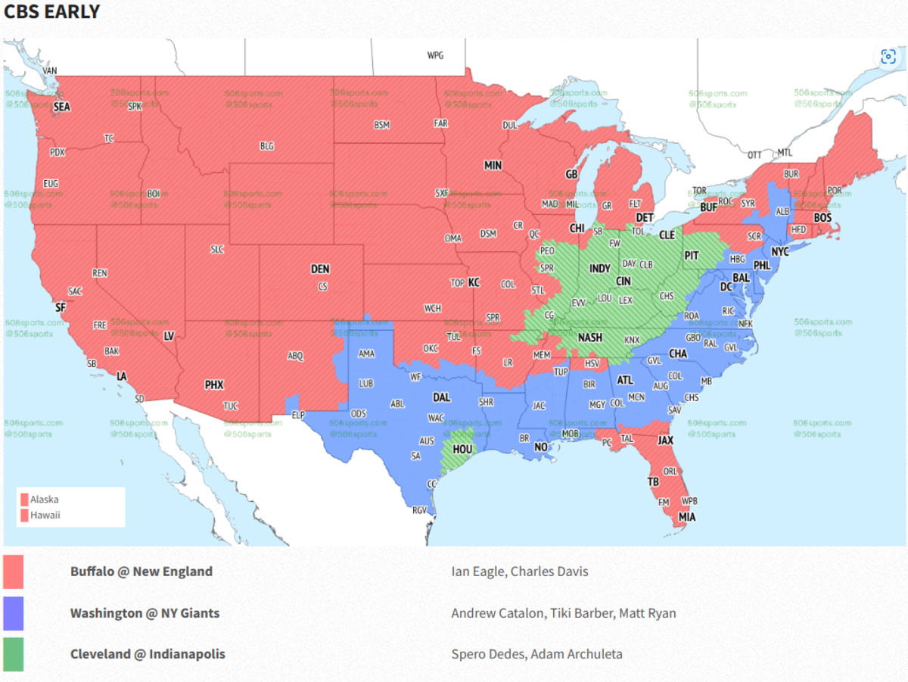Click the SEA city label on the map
61,107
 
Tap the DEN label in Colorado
320,269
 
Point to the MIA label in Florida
686,518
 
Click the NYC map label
779,251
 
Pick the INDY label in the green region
599,269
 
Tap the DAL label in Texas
441,397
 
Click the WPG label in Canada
435,55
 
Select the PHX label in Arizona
214,385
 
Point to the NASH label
590,338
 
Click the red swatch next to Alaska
24,500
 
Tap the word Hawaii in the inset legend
45,515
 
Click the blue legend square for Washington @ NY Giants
14,613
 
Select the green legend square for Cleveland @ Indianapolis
14,654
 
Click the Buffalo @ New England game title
141,571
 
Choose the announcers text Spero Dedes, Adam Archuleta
536,654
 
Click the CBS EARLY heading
51,12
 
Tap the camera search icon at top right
888,57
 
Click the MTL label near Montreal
785,152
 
